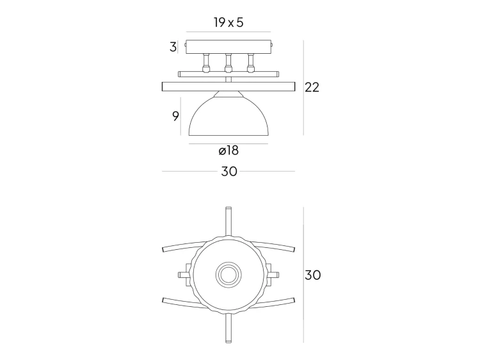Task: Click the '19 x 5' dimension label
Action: pos(228,22)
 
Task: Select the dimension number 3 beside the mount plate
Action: pos(173,47)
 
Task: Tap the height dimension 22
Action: pos(312,88)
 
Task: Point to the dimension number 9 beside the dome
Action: pos(175,116)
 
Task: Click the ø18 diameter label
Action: pos(228,151)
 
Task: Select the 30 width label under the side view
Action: pos(228,172)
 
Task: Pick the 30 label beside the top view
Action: pos(312,275)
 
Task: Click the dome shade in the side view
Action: pos(228,119)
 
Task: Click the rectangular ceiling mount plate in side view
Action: pos(228,47)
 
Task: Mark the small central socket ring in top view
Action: pos(228,275)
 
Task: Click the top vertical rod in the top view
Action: pos(228,221)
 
